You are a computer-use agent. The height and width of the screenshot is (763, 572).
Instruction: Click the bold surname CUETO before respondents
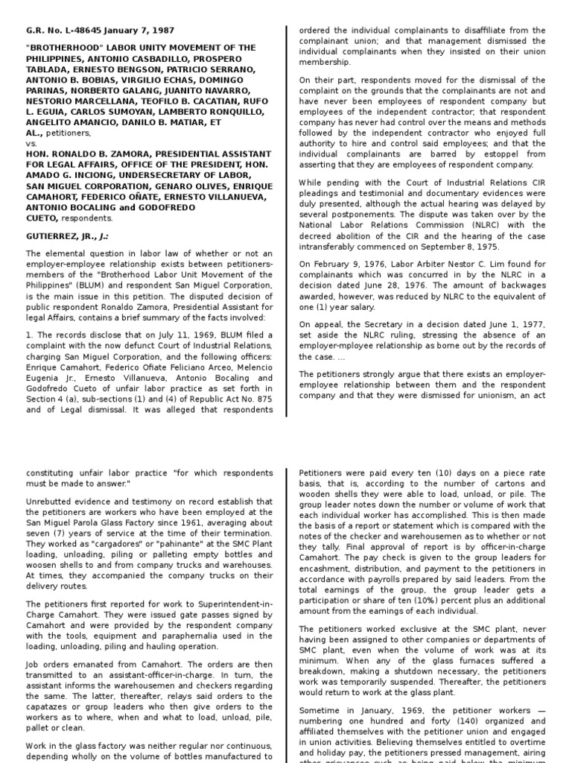click(41, 218)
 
